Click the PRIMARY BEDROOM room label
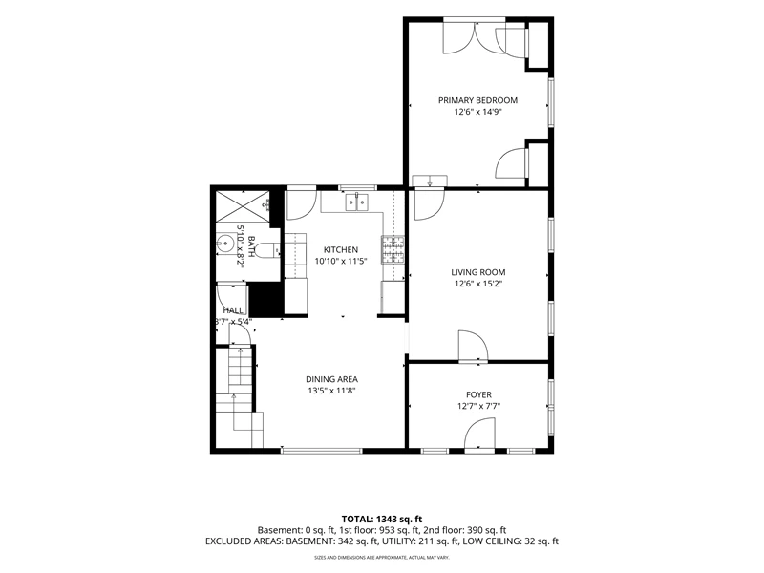pos(477,100)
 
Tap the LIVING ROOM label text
pos(478,272)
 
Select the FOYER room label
pos(478,394)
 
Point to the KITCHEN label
pos(341,249)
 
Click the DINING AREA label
pos(331,379)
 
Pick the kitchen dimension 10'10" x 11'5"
pos(341,261)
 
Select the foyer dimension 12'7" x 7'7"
pos(478,406)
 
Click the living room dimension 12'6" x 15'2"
pos(478,284)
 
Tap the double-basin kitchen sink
pos(357,202)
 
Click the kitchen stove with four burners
pos(393,249)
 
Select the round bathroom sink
pos(225,243)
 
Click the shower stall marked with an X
pos(243,208)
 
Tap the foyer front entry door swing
pos(479,435)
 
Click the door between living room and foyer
pos(473,347)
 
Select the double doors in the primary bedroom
pos(476,36)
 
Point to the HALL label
pos(233,310)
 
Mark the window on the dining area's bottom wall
pos(322,451)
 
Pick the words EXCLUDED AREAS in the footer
pos(244,541)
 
